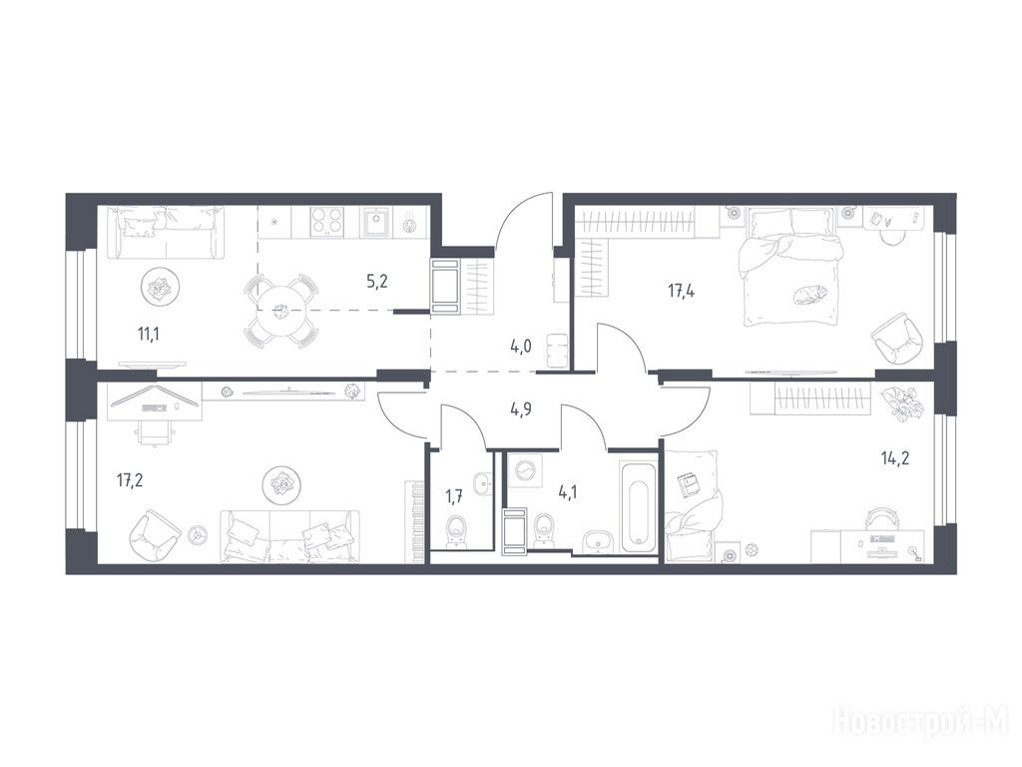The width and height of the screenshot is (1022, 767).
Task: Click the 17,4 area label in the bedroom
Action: (681, 291)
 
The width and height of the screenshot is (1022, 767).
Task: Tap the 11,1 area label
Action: (149, 335)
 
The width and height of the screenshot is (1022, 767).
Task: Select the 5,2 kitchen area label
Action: (376, 282)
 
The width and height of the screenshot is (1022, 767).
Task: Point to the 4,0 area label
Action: (521, 347)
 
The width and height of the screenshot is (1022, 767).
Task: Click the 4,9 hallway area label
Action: (521, 410)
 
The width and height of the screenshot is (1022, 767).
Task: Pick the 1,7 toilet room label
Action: (454, 498)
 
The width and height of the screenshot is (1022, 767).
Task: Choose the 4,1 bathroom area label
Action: (567, 491)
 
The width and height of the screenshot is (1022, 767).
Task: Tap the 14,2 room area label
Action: (895, 458)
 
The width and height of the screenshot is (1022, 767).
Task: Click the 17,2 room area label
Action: (130, 481)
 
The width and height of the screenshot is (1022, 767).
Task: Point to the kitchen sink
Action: (376, 221)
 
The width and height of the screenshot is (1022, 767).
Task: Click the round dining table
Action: (280, 311)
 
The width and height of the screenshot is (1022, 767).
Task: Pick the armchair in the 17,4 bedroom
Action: (897, 340)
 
